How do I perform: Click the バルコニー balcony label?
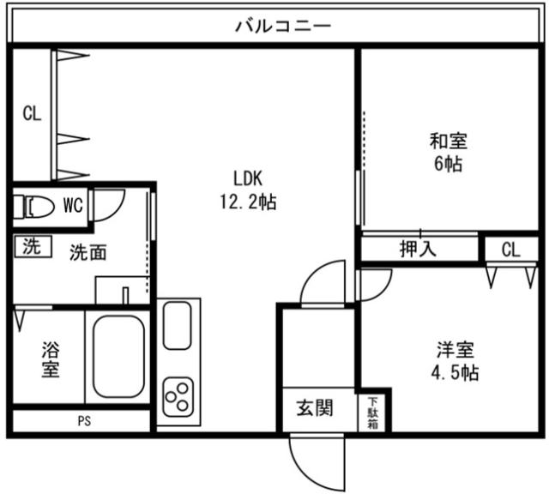pyautogui.click(x=283, y=25)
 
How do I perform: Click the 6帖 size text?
pyautogui.click(x=448, y=164)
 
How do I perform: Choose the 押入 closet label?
pyautogui.click(x=419, y=250)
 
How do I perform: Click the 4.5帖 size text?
pyautogui.click(x=454, y=373)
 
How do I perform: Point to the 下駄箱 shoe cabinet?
pyautogui.click(x=373, y=412)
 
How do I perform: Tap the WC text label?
pyautogui.click(x=73, y=205)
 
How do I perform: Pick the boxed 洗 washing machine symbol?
pyautogui.click(x=32, y=247)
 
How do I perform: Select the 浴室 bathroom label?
pyautogui.click(x=51, y=360)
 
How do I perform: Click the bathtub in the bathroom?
pyautogui.click(x=118, y=356)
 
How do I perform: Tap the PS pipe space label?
pyautogui.click(x=83, y=421)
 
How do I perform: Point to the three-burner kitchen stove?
pyautogui.click(x=178, y=395)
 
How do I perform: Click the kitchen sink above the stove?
pyautogui.click(x=178, y=327)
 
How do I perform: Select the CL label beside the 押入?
pyautogui.click(x=510, y=250)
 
